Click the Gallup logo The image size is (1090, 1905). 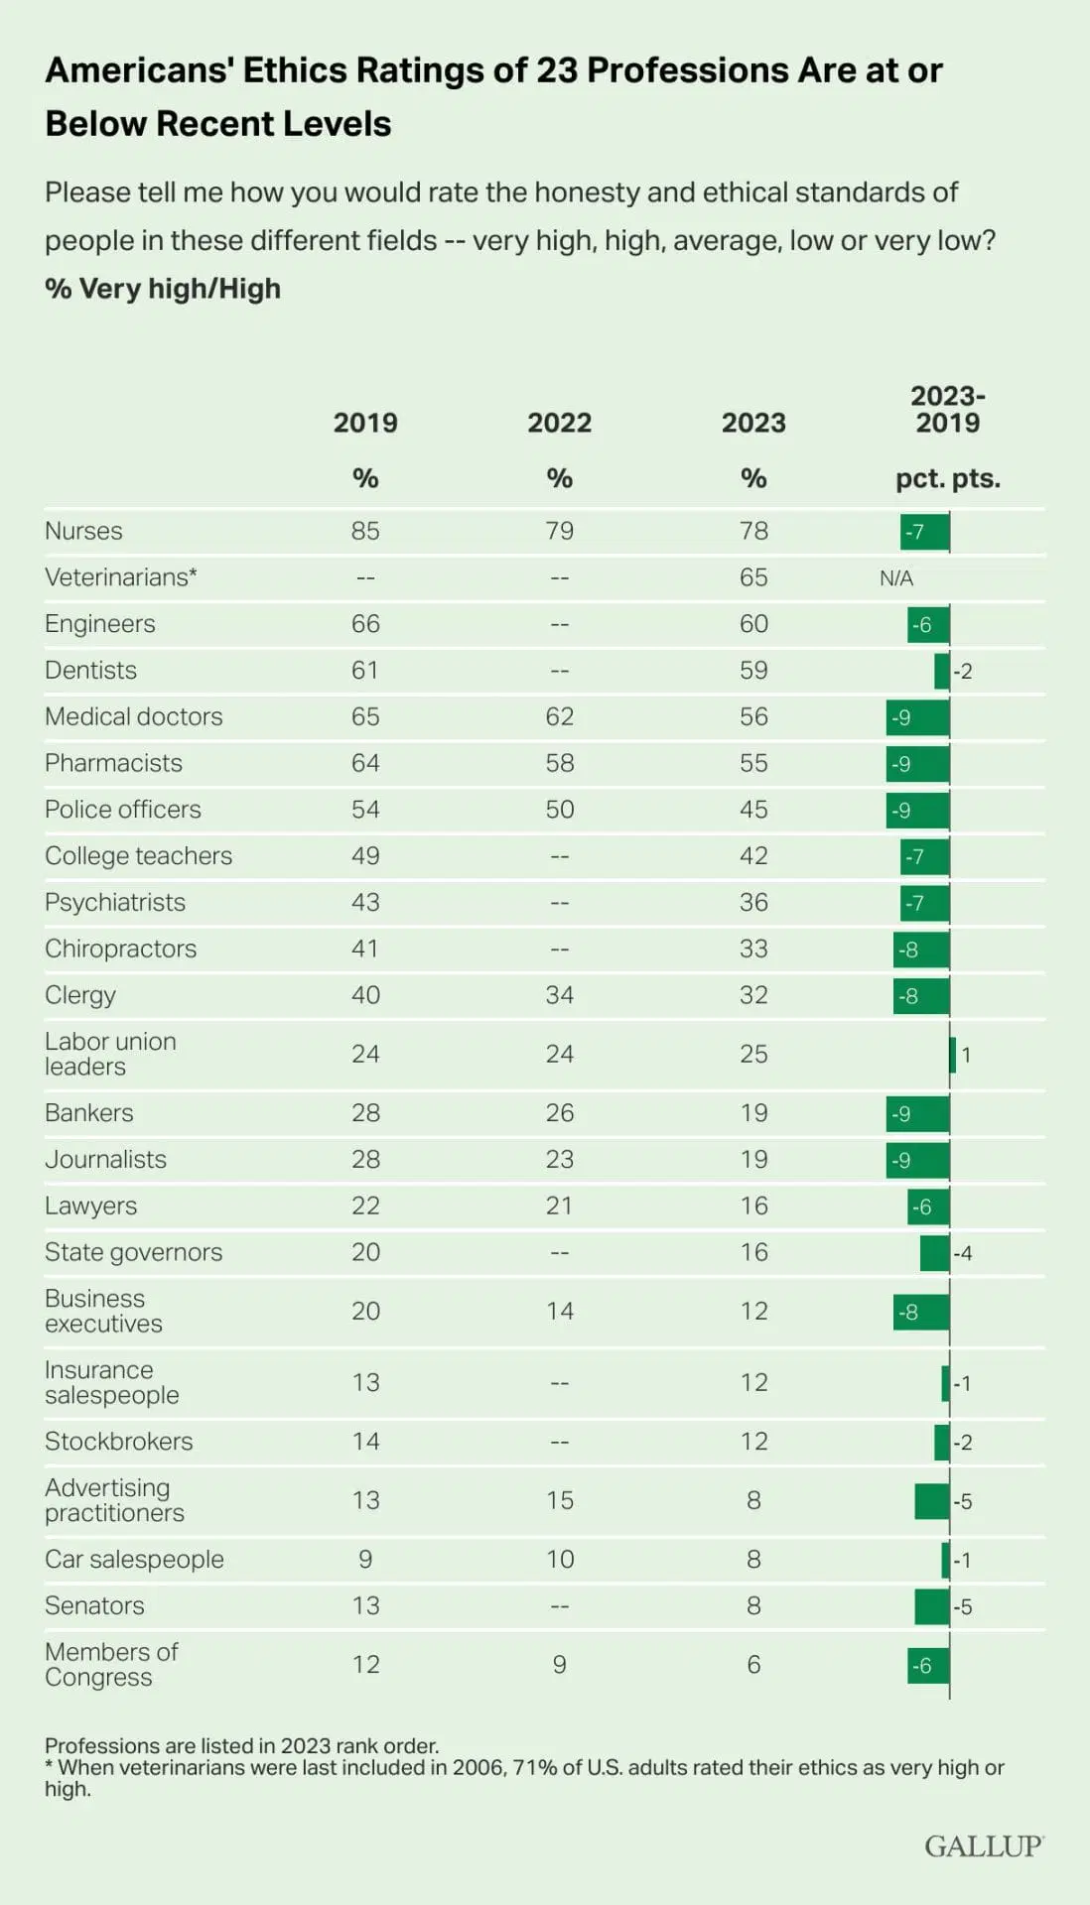click(983, 1845)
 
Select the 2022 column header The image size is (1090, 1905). click(559, 423)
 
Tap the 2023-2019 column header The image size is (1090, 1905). click(947, 410)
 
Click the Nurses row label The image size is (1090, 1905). click(83, 531)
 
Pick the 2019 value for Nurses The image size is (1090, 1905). click(365, 531)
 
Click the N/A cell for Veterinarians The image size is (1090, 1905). click(896, 578)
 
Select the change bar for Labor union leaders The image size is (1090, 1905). click(953, 1054)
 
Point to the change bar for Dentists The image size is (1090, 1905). click(942, 671)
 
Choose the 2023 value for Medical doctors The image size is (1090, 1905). click(753, 716)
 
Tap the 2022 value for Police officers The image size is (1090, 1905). click(559, 810)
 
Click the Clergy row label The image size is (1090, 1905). click(80, 995)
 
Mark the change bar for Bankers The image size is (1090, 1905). click(917, 1113)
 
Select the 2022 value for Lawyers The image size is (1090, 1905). click(559, 1206)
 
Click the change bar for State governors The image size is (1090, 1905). click(935, 1252)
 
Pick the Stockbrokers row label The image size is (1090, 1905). click(119, 1441)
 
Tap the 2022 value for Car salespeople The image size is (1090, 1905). click(559, 1559)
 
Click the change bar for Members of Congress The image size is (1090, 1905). click(928, 1665)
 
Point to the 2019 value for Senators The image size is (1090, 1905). click(365, 1605)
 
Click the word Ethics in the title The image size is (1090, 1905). click(295, 70)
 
